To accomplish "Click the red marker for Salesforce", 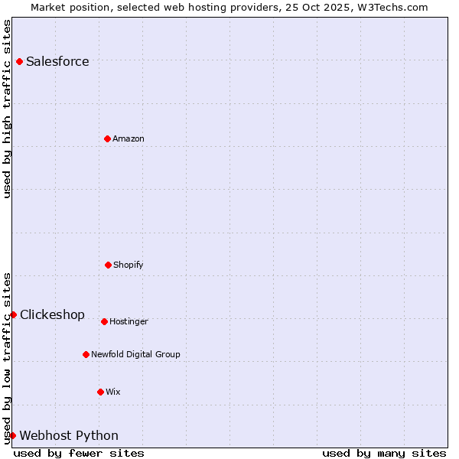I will tap(19, 61).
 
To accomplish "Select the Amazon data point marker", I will tap(107, 138).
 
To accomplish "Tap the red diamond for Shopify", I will tap(108, 265).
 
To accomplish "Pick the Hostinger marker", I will tap(104, 321).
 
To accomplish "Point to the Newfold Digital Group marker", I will tap(86, 354).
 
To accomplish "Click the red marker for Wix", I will tap(100, 392).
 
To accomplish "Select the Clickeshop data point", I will tap(13, 314).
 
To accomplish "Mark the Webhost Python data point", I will tap(12, 435).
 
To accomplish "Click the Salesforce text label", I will tap(57, 62).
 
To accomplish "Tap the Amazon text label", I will tap(129, 139).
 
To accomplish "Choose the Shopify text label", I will tap(129, 265).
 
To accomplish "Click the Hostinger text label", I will tap(129, 322).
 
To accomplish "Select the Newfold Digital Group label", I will tap(135, 355).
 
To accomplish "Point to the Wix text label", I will tap(113, 392).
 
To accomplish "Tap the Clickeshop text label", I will tap(52, 315).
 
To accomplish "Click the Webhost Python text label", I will tap(69, 436).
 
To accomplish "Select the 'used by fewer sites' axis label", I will tap(79, 453).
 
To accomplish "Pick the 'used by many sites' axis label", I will tap(384, 453).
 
